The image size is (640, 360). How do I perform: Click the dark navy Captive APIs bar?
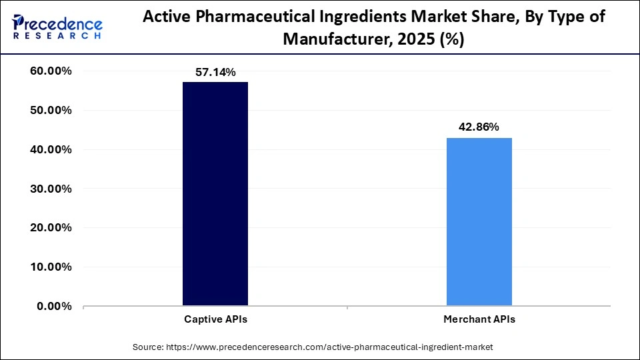pos(215,193)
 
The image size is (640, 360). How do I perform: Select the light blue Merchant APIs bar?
pos(479,221)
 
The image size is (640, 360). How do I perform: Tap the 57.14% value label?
pos(215,73)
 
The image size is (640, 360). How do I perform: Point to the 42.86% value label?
pos(479,127)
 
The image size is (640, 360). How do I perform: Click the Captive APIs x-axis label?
pos(215,319)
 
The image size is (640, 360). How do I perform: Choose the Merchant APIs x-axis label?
pos(479,319)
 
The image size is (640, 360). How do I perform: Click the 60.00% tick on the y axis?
pos(51,71)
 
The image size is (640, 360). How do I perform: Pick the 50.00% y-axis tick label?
pos(51,111)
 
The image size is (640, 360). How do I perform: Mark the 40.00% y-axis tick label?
pos(51,150)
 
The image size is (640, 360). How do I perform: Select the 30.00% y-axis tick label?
pos(51,189)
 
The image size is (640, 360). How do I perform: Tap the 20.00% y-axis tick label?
pos(51,228)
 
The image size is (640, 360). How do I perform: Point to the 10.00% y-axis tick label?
pos(51,267)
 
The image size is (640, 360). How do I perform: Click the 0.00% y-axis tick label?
pos(54,306)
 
